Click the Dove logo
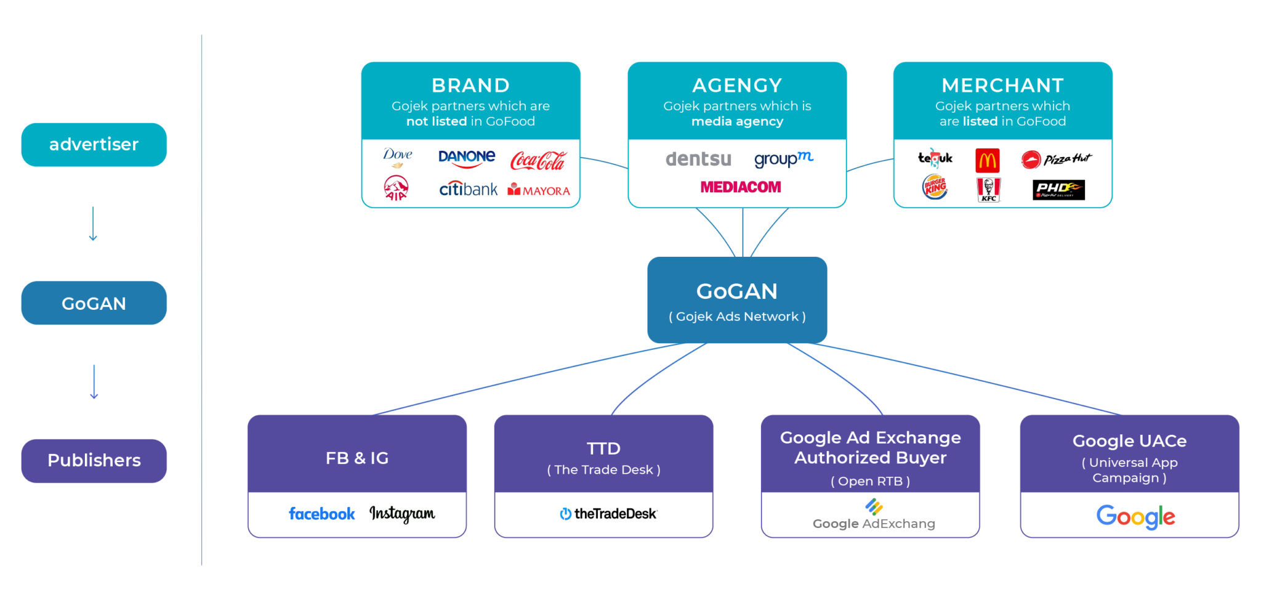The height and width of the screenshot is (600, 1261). (398, 157)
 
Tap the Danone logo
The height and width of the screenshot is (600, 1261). (467, 158)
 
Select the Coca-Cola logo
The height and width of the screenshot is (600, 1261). (538, 161)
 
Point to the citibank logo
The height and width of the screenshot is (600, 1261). (468, 189)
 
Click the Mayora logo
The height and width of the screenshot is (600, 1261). (539, 190)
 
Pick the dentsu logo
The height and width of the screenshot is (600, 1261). (698, 159)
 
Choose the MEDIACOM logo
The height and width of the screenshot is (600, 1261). (741, 187)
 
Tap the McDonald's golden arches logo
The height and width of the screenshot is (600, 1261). (988, 160)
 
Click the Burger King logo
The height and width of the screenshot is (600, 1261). (935, 187)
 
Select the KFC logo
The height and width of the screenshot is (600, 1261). (989, 190)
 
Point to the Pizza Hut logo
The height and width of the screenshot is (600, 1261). (1056, 160)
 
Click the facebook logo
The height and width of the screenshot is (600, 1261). (322, 514)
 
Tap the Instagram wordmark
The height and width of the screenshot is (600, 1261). (402, 514)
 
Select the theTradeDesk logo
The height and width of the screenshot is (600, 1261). (608, 514)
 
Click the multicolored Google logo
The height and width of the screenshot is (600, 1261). (1135, 516)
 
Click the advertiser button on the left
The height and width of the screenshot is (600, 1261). (94, 145)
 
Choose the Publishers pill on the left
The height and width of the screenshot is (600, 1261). (94, 461)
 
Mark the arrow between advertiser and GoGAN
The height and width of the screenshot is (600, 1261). (93, 224)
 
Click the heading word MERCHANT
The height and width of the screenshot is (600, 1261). (1002, 85)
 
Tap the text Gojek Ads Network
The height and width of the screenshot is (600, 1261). (737, 317)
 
